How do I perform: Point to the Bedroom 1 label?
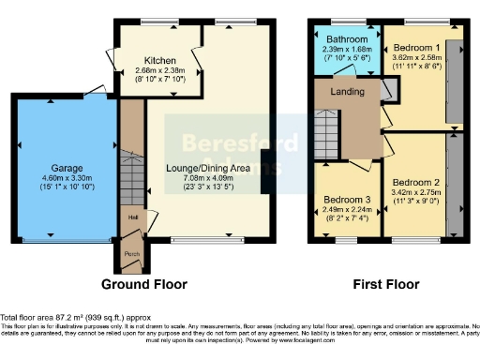click(x=416, y=47)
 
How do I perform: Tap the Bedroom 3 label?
click(x=347, y=200)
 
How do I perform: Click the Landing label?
click(x=351, y=91)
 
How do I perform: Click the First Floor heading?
click(x=384, y=284)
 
